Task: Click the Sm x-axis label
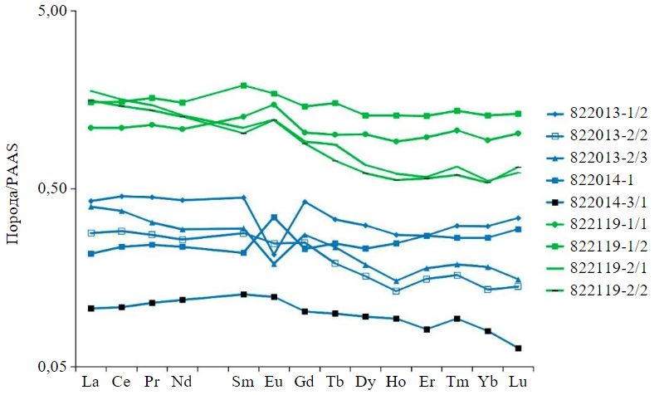pyautogui.click(x=243, y=382)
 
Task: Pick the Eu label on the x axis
pyautogui.click(x=274, y=382)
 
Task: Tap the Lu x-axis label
pyautogui.click(x=518, y=382)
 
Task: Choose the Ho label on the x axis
pyautogui.click(x=396, y=382)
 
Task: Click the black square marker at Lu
pyautogui.click(x=518, y=348)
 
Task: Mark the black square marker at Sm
pyautogui.click(x=243, y=295)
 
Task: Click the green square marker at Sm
pyautogui.click(x=243, y=85)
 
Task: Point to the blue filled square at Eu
pyautogui.click(x=274, y=217)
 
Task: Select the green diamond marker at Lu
pyautogui.click(x=518, y=133)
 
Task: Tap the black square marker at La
pyautogui.click(x=90, y=309)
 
